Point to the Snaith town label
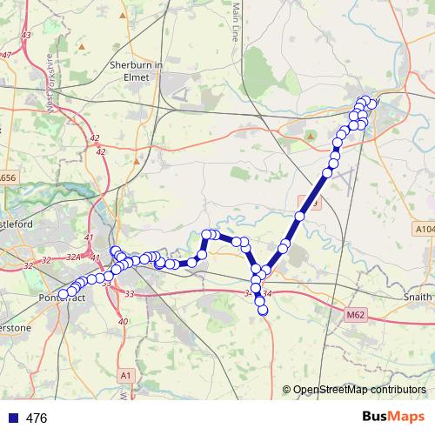point(417,297)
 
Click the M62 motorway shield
point(354,314)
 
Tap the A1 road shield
point(126,375)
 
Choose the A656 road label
point(7,177)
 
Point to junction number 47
point(7,56)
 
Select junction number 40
point(123,322)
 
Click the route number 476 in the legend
point(37,418)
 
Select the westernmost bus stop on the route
point(63,294)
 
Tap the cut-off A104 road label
point(424,229)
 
